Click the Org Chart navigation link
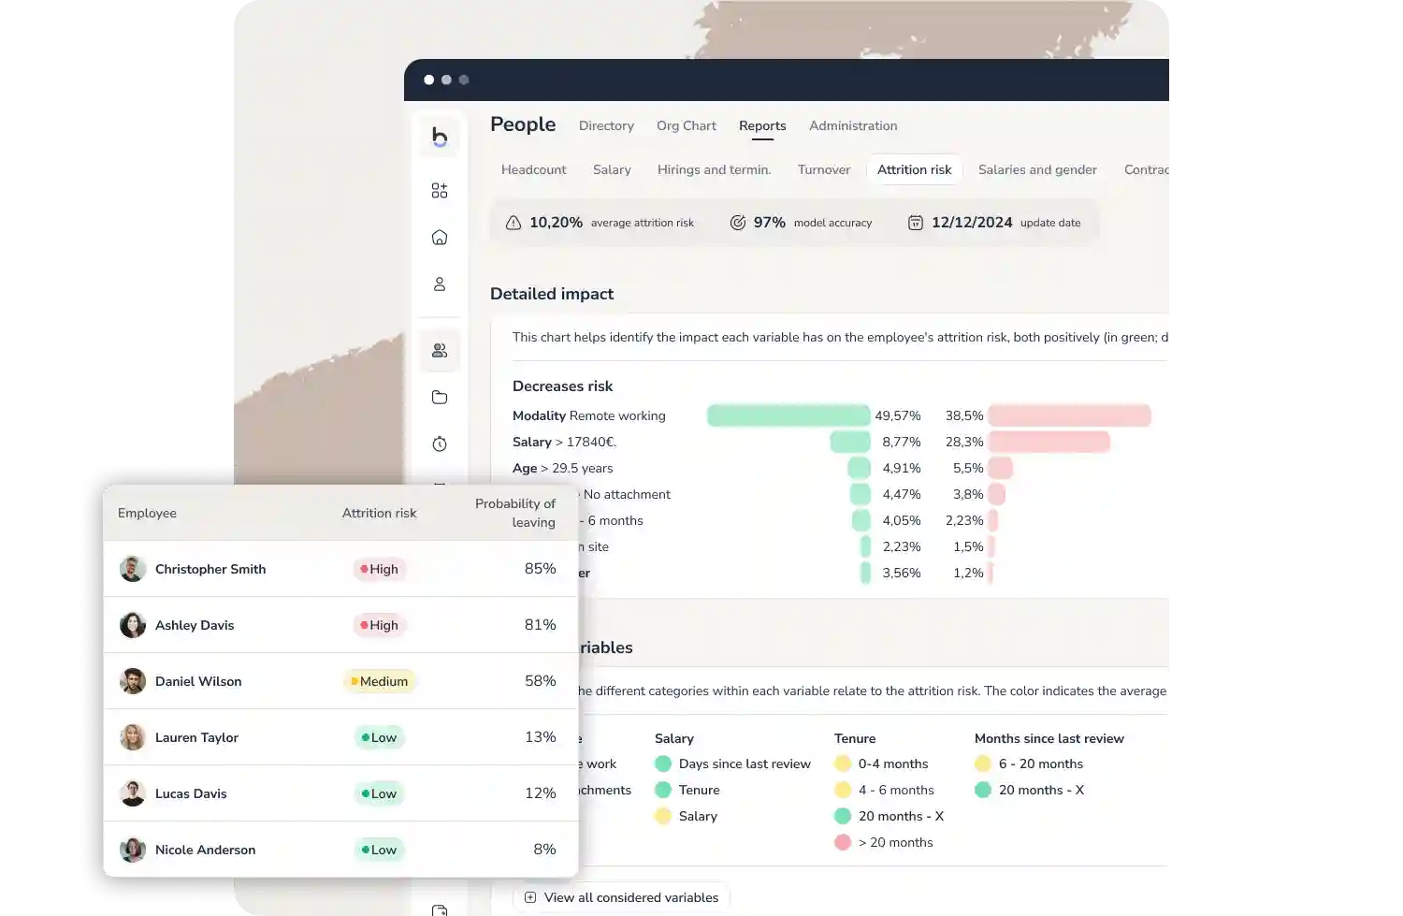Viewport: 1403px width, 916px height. (686, 125)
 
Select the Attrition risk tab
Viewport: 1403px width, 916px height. (914, 169)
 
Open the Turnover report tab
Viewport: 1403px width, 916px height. (823, 169)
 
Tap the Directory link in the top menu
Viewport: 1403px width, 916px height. (606, 125)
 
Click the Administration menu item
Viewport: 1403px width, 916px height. (852, 125)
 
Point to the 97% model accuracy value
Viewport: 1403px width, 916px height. (769, 223)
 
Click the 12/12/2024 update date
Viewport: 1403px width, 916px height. (971, 223)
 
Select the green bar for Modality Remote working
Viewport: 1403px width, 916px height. (788, 415)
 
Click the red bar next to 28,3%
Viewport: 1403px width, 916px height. (1049, 442)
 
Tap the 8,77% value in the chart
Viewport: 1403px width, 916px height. (901, 442)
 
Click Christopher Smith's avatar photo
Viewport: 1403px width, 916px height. (133, 569)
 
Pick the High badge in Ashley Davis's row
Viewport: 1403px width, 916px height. (380, 625)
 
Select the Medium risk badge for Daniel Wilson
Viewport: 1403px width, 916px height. (379, 681)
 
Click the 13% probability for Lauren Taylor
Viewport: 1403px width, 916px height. (540, 737)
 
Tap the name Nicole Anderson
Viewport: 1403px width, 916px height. (205, 850)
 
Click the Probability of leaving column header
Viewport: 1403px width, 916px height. (514, 513)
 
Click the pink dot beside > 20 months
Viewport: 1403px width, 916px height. (843, 842)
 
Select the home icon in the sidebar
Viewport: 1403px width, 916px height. (440, 238)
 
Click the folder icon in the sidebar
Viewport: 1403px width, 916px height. (440, 397)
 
